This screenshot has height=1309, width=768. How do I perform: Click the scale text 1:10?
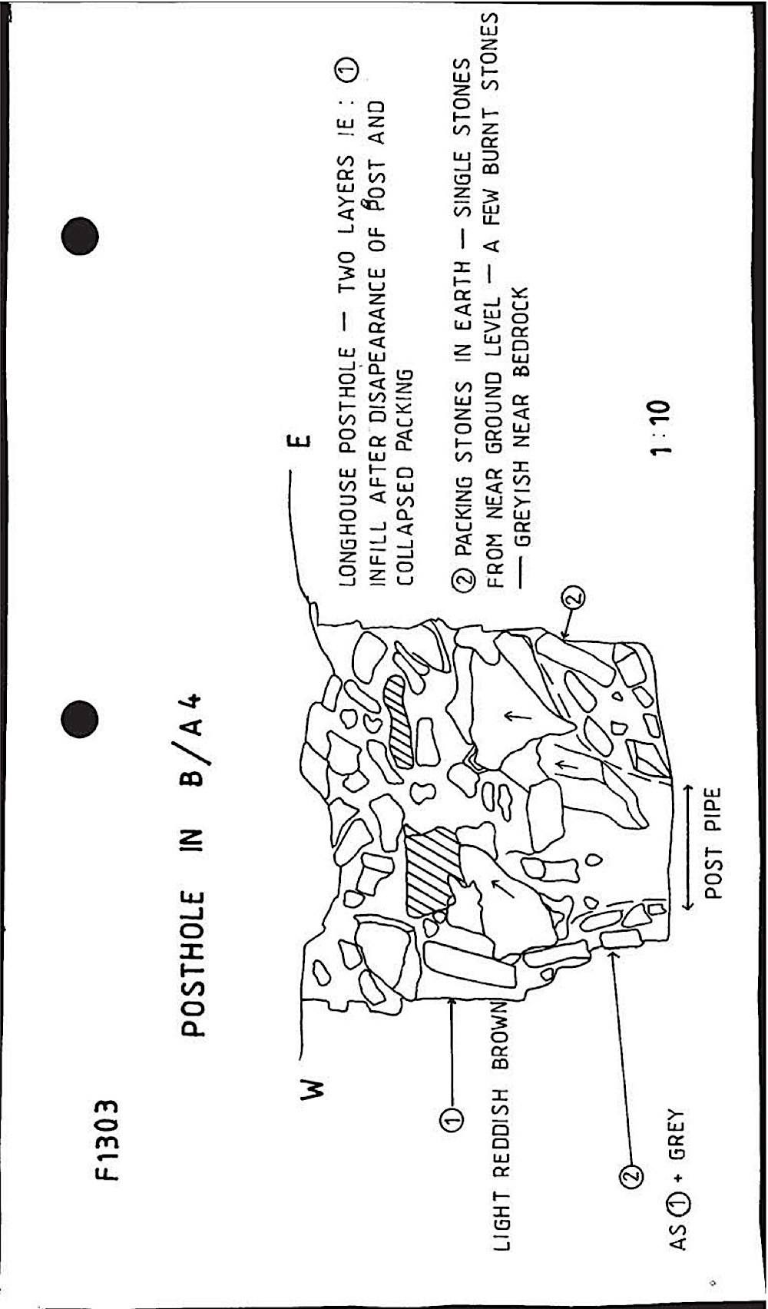[660, 427]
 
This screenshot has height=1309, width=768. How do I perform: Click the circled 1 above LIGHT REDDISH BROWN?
[452, 1122]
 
